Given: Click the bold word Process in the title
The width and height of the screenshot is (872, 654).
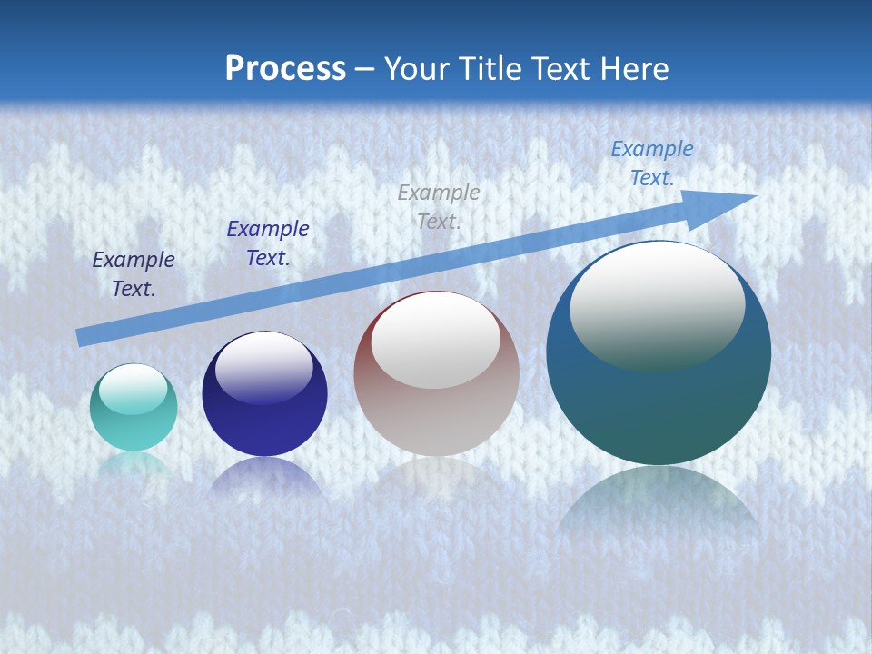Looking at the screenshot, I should tap(285, 69).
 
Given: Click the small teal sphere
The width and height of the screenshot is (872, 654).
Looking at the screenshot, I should tap(134, 408).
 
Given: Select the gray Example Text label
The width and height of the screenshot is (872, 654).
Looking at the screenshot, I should tap(439, 206).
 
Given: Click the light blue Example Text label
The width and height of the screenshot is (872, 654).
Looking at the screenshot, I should tap(651, 163).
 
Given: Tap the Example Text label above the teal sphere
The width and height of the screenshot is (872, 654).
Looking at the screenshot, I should tap(134, 273).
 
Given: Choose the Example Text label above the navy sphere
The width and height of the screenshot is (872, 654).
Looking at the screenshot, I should tap(267, 243).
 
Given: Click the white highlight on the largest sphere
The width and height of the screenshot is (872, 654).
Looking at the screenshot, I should tap(657, 304).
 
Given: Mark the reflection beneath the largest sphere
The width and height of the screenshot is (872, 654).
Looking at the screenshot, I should tap(659, 500).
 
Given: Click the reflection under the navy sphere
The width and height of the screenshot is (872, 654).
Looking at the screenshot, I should tap(264, 477).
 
